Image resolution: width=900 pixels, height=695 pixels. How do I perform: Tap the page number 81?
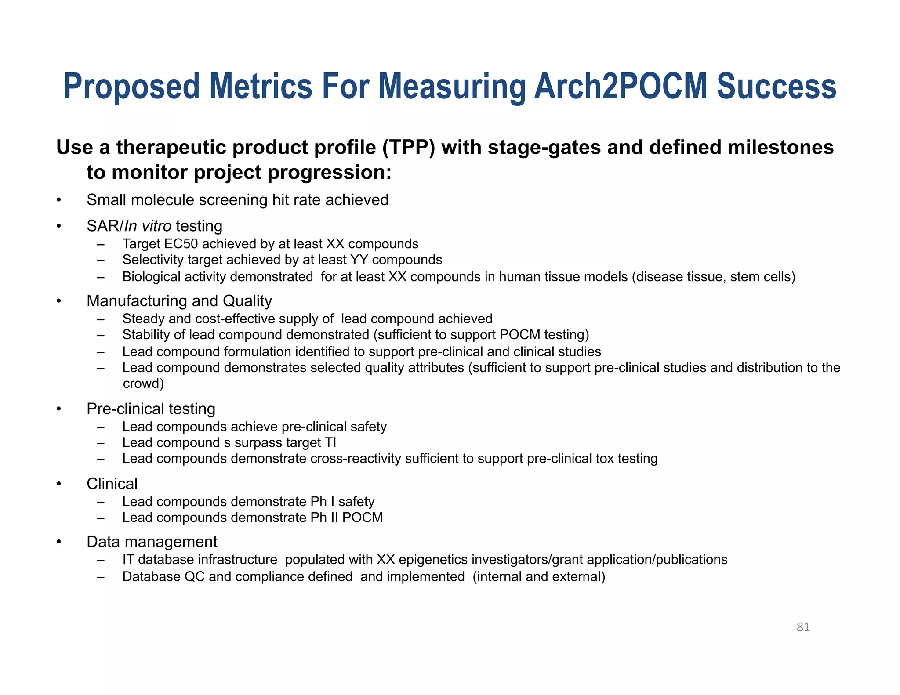(803, 627)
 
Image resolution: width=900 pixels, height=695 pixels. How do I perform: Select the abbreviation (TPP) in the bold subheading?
(409, 148)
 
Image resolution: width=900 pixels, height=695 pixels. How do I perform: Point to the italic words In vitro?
(148, 226)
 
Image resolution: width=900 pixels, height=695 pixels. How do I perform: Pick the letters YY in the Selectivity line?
(359, 260)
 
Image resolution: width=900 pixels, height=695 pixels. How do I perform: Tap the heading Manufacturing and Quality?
(179, 301)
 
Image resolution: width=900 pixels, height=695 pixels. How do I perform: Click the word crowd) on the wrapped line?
(143, 384)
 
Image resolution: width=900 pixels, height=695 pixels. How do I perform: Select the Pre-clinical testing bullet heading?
(151, 409)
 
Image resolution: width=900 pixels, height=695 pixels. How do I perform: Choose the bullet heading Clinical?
(112, 484)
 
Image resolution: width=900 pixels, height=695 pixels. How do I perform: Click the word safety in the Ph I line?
(356, 502)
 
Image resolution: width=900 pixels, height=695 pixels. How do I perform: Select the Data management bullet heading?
(152, 542)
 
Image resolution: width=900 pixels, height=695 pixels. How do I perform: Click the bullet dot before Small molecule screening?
(58, 201)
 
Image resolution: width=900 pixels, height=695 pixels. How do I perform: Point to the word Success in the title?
(776, 87)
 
